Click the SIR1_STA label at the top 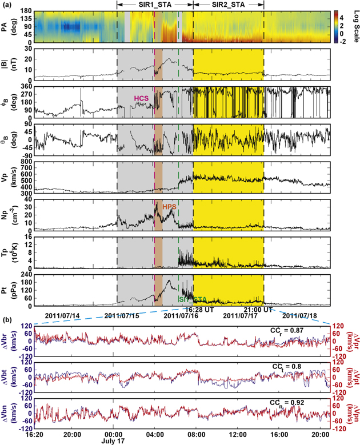155,4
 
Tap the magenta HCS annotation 141,99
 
